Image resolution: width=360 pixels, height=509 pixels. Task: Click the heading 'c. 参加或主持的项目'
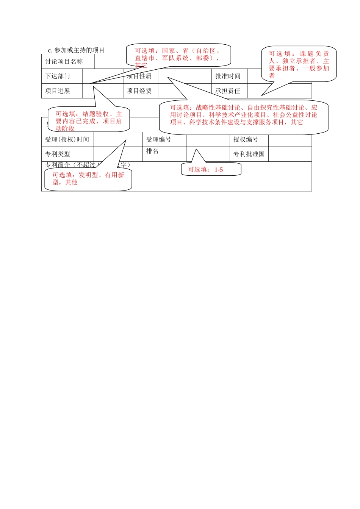click(76, 50)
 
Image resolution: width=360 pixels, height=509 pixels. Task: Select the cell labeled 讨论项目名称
click(64, 61)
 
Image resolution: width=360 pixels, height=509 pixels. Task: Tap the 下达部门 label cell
click(58, 76)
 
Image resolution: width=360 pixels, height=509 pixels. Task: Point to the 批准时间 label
click(228, 76)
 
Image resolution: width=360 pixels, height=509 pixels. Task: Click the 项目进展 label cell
click(58, 91)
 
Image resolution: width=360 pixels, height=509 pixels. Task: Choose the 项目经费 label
click(139, 91)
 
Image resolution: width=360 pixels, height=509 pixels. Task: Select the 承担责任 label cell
click(228, 91)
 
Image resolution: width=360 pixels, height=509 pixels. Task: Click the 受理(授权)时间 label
click(67, 139)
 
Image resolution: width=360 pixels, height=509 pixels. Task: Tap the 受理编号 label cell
click(159, 139)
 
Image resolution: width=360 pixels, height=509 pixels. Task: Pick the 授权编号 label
click(246, 139)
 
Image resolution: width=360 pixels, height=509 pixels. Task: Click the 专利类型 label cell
click(58, 154)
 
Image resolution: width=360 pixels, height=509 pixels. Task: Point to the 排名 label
click(152, 151)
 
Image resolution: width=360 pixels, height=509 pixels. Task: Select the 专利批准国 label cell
click(249, 154)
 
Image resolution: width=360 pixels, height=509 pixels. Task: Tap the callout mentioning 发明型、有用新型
click(88, 179)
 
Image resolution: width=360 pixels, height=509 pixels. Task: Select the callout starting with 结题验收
click(89, 120)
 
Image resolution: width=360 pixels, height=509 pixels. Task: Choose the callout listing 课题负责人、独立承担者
click(299, 64)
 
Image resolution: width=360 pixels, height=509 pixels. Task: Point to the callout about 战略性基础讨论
click(243, 116)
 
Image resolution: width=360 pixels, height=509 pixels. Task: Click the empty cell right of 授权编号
click(290, 139)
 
